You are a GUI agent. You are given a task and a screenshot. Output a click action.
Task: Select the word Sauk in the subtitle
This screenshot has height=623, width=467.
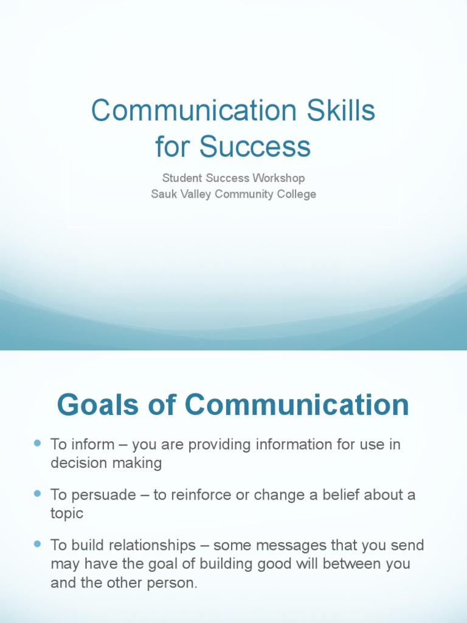pyautogui.click(x=163, y=194)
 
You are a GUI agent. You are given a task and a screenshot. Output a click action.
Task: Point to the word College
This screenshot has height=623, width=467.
pyautogui.click(x=294, y=194)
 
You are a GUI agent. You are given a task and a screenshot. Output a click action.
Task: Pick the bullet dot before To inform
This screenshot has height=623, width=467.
pyautogui.click(x=38, y=444)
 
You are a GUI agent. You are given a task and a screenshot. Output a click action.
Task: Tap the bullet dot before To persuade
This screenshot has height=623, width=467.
pyautogui.click(x=38, y=493)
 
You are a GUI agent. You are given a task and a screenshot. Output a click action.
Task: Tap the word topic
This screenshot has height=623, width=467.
pyautogui.click(x=66, y=513)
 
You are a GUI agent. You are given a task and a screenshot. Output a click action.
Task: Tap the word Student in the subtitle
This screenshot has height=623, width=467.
pyautogui.click(x=181, y=178)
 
